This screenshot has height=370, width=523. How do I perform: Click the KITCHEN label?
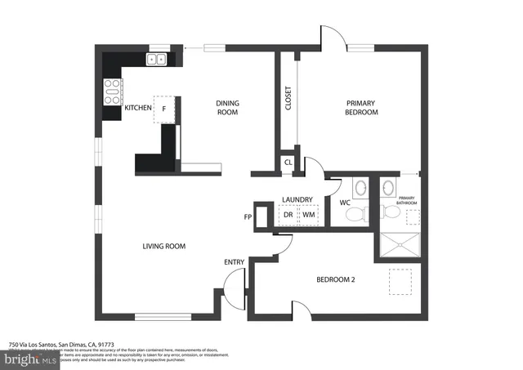(x=136, y=108)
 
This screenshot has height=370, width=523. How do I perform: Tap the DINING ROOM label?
(x=227, y=107)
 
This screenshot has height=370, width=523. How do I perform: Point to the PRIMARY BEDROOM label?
(x=361, y=107)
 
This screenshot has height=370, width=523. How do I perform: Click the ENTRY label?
(x=235, y=262)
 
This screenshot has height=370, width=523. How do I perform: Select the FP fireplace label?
(x=248, y=218)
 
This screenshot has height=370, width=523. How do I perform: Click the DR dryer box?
(x=288, y=216)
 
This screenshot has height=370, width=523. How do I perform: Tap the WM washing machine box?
(x=309, y=216)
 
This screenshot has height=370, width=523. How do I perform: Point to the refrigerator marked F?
(x=164, y=109)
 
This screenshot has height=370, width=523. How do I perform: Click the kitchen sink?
(x=155, y=59)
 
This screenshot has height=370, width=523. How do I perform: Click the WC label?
(x=345, y=201)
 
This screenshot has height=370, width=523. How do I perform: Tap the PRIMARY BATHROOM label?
(x=407, y=201)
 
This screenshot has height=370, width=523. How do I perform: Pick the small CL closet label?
(x=288, y=162)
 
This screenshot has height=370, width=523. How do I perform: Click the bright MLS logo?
(x=31, y=359)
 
